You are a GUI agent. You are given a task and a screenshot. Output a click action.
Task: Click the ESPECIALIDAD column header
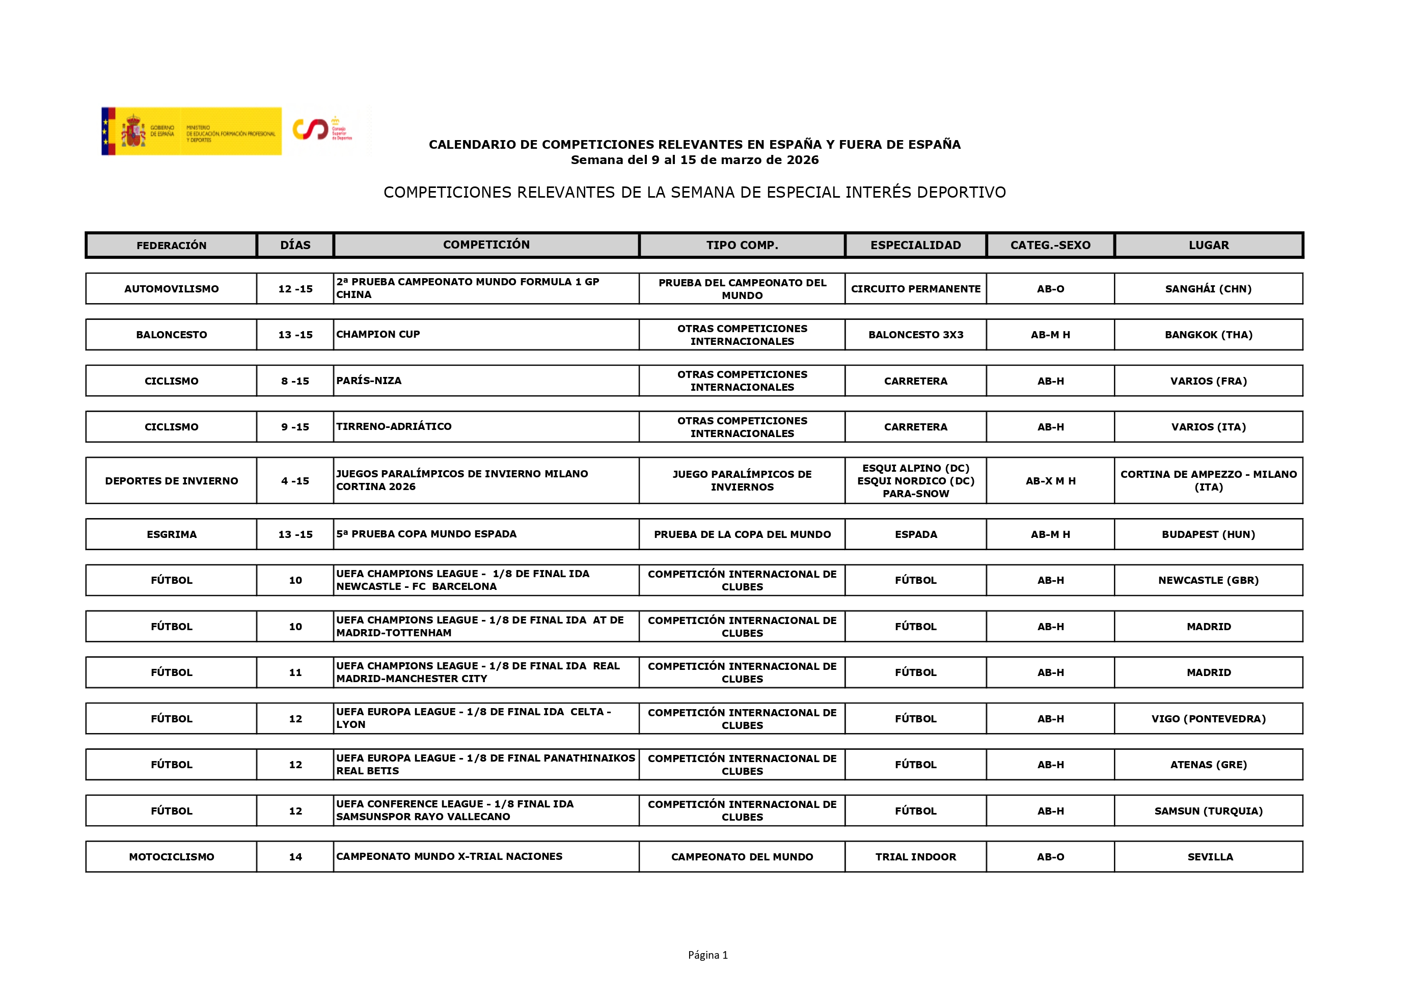coord(915,245)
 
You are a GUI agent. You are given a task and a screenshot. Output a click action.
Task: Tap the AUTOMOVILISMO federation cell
coord(172,289)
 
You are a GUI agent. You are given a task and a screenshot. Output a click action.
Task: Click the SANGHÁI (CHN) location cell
coord(1208,289)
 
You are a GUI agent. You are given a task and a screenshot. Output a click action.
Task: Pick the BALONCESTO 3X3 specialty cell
coord(915,335)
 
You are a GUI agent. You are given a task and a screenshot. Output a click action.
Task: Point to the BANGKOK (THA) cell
coord(1208,335)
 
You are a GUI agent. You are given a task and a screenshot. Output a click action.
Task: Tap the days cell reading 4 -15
coord(295,481)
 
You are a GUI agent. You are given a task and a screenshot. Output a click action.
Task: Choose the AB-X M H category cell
coord(1050,481)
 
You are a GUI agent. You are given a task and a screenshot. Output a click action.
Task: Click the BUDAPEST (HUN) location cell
coord(1208,534)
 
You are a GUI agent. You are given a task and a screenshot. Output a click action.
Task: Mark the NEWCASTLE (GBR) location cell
coord(1208,580)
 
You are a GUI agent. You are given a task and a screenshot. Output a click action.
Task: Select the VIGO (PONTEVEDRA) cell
coord(1208,718)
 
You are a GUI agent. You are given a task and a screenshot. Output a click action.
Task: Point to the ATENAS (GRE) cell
coord(1208,765)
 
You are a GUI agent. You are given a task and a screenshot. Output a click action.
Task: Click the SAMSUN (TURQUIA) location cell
coord(1208,811)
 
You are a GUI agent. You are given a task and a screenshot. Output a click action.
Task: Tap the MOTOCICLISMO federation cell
coord(172,857)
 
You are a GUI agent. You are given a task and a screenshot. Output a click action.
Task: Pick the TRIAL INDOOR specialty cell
coord(915,857)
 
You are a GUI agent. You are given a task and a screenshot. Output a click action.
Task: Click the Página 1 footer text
coord(708,955)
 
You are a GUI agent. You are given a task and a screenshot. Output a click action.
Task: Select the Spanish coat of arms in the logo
coord(133,131)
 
